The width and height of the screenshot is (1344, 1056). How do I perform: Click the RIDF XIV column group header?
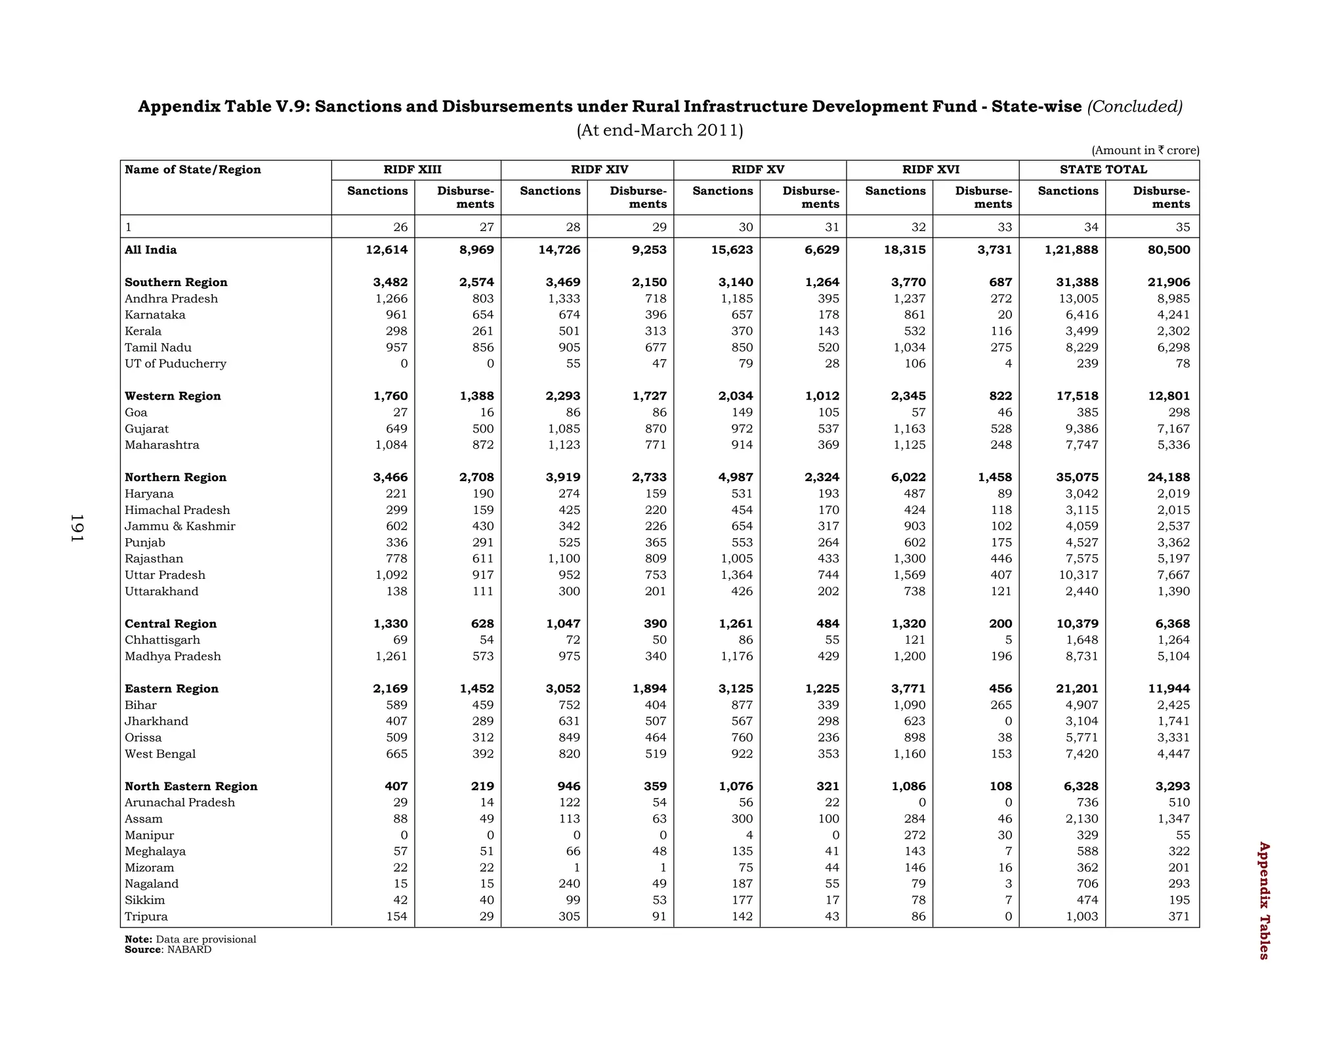(x=599, y=169)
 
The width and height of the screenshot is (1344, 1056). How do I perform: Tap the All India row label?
(x=150, y=249)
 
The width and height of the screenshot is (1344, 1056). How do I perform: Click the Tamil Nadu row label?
(x=158, y=347)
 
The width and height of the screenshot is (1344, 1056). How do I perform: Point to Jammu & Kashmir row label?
(x=180, y=526)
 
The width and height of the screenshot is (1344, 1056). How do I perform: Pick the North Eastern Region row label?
(x=191, y=786)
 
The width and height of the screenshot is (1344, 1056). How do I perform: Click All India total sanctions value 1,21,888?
(x=1071, y=249)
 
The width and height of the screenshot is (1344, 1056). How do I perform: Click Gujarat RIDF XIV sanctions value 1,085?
(x=564, y=429)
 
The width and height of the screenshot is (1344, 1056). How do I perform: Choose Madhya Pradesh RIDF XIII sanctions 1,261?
(x=391, y=656)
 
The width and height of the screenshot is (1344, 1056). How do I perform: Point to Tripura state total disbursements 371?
(x=1179, y=916)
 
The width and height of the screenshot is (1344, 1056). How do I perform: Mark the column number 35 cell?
(x=1182, y=227)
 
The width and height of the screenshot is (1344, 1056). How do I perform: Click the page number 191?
(x=77, y=528)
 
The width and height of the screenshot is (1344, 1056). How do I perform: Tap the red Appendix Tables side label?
(x=1264, y=900)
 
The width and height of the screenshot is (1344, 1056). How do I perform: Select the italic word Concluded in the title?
(x=1135, y=106)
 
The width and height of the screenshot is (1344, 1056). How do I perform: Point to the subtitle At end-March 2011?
(x=660, y=130)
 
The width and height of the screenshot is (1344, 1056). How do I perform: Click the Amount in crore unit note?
(x=1145, y=150)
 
